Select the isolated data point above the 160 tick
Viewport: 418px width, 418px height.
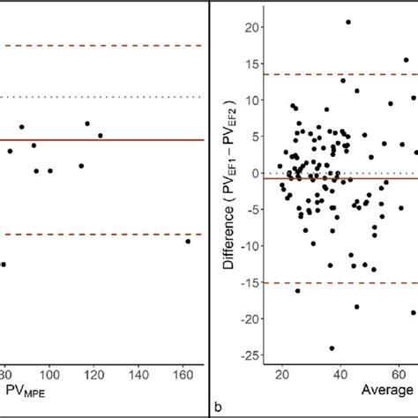point(188,241)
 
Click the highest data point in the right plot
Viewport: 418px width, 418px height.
point(348,22)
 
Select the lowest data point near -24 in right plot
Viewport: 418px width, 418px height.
point(332,347)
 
